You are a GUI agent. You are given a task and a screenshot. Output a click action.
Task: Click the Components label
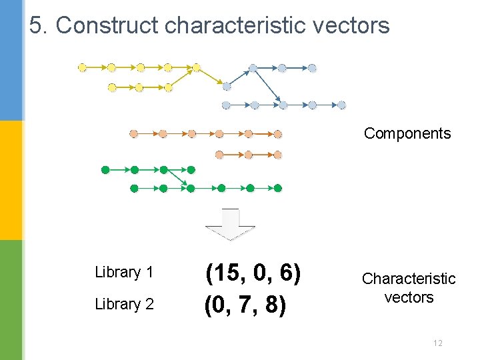click(407, 133)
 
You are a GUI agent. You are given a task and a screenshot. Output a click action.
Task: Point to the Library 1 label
click(124, 272)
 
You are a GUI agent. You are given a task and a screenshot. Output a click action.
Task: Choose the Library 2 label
click(124, 304)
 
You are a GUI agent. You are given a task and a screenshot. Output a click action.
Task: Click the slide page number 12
click(437, 343)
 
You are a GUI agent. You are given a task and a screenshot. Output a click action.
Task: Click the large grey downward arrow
click(230, 224)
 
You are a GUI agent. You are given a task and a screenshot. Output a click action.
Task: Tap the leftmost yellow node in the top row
click(83, 67)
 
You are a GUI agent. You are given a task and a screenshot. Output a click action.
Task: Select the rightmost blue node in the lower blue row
click(341, 105)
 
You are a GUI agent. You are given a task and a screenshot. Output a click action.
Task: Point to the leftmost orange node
click(133, 134)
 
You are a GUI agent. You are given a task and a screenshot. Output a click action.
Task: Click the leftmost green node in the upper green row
click(105, 170)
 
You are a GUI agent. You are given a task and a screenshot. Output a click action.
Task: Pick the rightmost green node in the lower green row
click(278, 189)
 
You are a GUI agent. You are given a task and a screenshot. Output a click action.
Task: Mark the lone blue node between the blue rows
click(227, 86)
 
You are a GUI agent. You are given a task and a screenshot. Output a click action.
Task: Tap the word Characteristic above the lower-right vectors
click(409, 279)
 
